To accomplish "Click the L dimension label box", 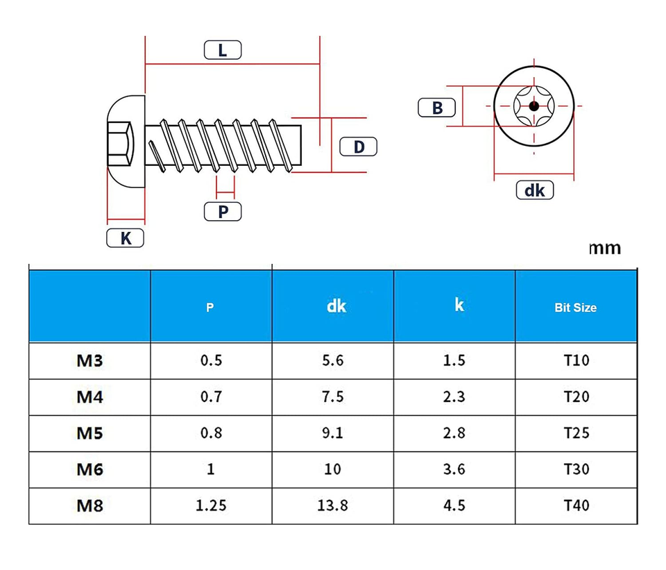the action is (x=223, y=50).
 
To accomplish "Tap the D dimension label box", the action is (x=359, y=146).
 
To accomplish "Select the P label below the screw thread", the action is (x=223, y=211).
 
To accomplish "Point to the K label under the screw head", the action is (x=126, y=238).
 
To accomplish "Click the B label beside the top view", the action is (x=436, y=108).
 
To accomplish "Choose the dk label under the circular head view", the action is (x=535, y=190).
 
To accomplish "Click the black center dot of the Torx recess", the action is (x=534, y=106).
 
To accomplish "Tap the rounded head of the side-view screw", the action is (x=126, y=142).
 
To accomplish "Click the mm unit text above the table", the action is (x=605, y=249).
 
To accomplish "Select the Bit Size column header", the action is (x=576, y=308).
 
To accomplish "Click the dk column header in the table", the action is (x=336, y=306).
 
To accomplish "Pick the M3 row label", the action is (x=89, y=360).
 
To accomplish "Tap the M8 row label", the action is (x=89, y=506).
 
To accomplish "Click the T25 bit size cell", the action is (x=577, y=433).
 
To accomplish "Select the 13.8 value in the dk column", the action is (x=332, y=505).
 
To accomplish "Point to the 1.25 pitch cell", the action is (x=211, y=505).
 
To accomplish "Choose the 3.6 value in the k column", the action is (x=454, y=469).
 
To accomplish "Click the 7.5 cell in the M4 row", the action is (x=332, y=396).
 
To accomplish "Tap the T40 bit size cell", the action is (x=577, y=505).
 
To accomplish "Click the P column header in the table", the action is (x=210, y=308).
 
